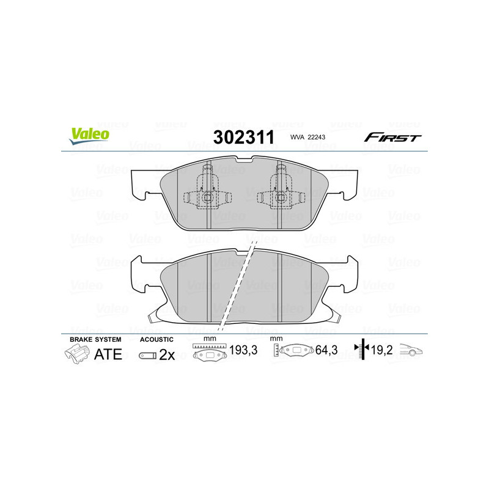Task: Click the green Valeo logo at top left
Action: coord(89,136)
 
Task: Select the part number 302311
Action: coord(243,137)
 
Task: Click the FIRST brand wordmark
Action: coord(392,138)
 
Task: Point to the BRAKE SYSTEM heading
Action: coord(95,339)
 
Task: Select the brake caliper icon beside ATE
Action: coord(76,354)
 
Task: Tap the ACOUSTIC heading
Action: coord(156,339)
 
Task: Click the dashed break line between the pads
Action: coord(238,281)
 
